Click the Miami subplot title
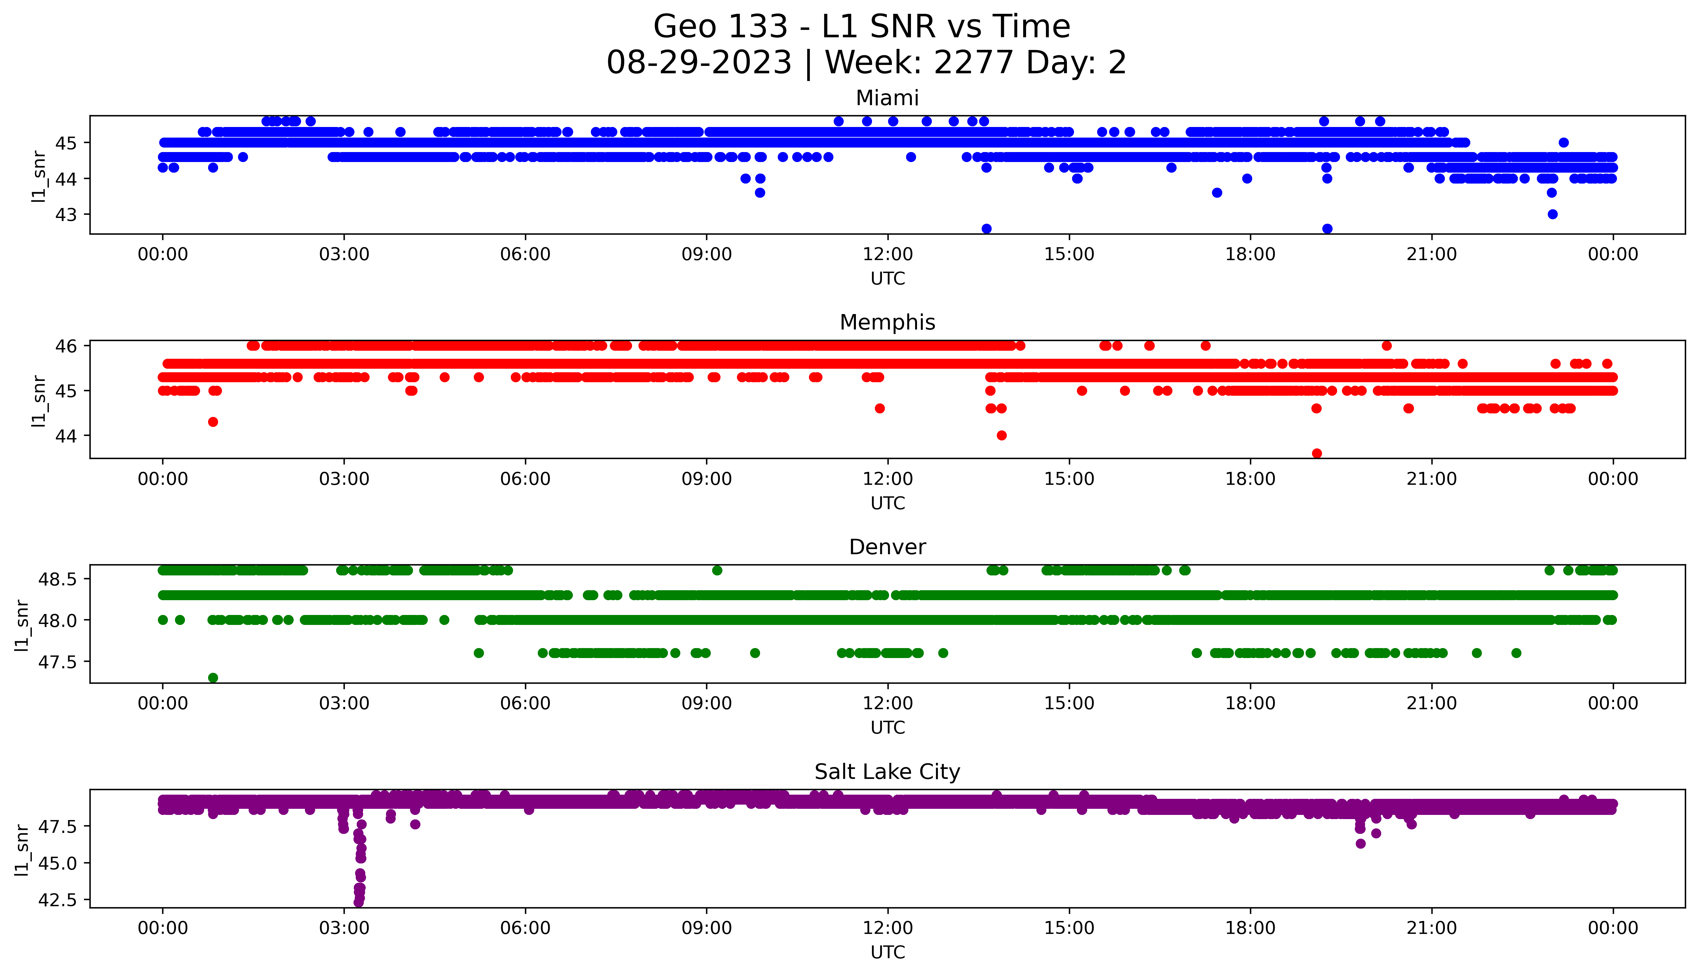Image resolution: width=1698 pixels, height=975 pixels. click(887, 98)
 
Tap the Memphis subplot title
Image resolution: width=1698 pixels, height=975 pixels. click(887, 323)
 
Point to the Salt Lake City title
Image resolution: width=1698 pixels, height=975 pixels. click(887, 772)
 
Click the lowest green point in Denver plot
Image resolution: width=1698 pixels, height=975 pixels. click(213, 678)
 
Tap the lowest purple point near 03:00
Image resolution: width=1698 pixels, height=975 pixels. click(358, 902)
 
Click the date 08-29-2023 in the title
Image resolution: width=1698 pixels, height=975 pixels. click(699, 63)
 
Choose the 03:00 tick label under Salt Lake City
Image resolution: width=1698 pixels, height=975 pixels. click(344, 928)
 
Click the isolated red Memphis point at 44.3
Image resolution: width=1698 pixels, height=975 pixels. click(213, 422)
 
